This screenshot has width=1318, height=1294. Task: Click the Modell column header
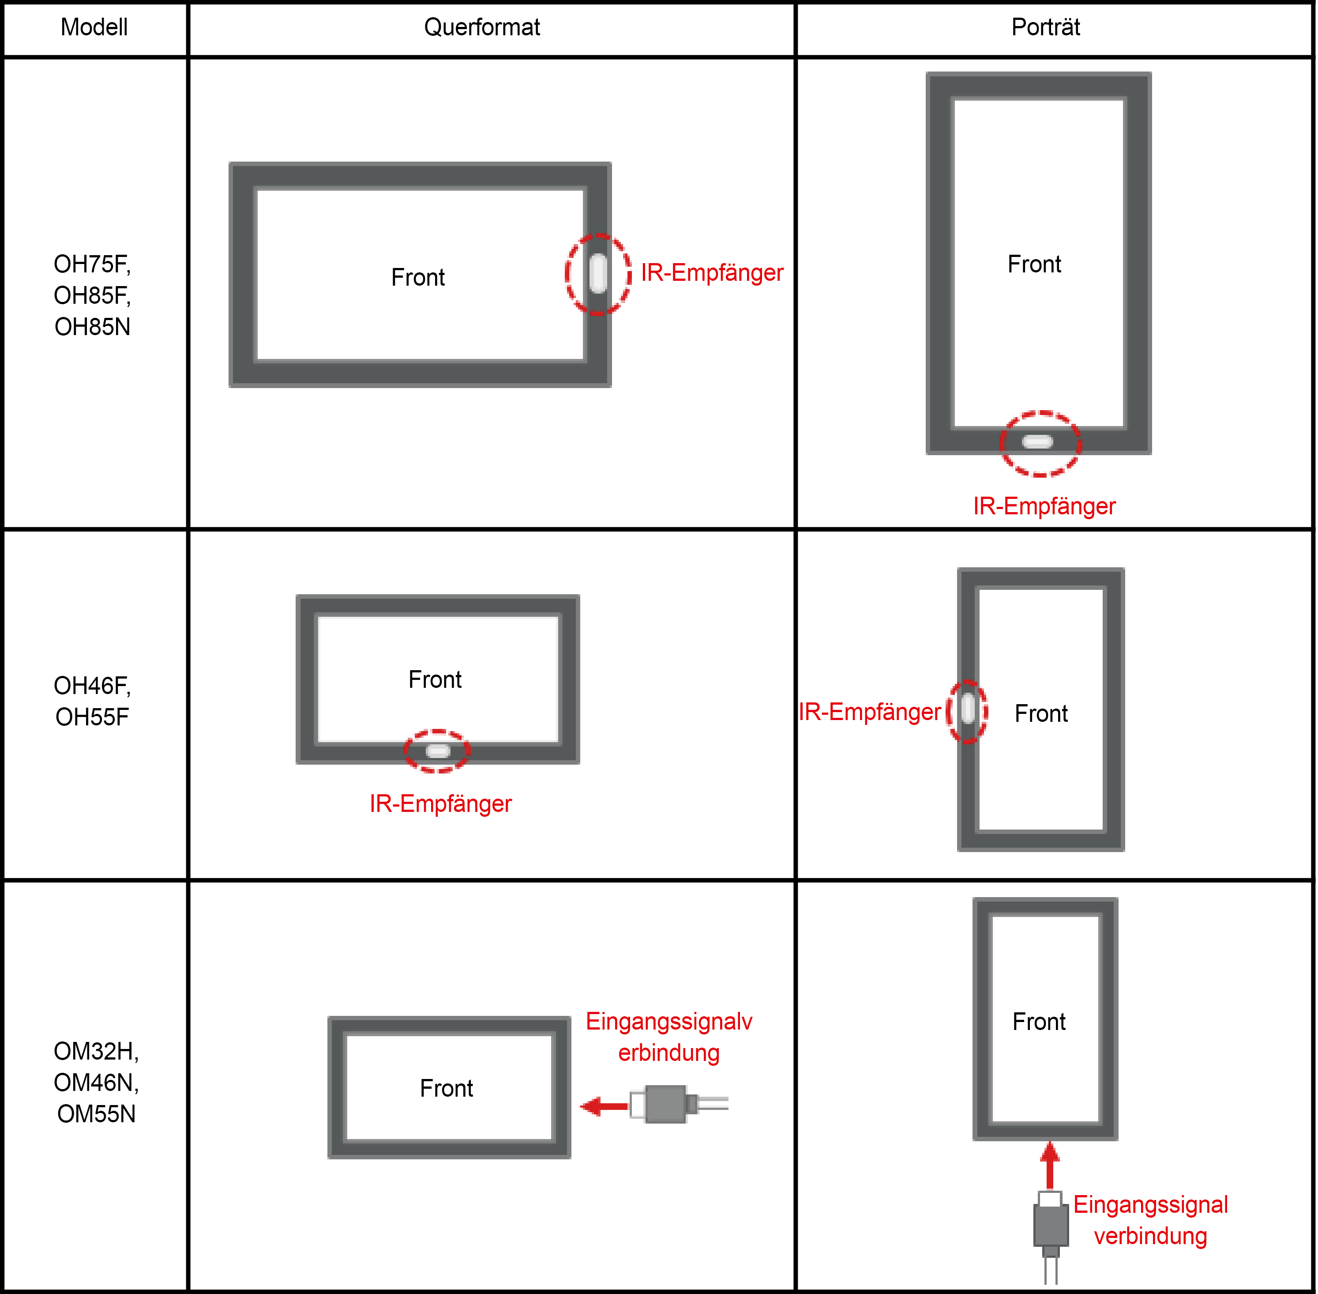coord(94,27)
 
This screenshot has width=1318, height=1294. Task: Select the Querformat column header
coord(482,27)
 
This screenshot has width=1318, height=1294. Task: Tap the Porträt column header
coord(1046,27)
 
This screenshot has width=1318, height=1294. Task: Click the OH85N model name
coord(92,327)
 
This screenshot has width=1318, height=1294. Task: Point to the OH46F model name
coord(92,686)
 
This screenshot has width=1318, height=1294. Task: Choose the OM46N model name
coord(97,1082)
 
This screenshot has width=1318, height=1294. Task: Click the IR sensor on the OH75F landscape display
coord(598,274)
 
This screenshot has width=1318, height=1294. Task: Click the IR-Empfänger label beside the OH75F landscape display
coord(712,272)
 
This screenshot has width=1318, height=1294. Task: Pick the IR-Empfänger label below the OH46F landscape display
coord(440,804)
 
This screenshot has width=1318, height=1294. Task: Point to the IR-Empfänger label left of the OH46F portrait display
coord(870,712)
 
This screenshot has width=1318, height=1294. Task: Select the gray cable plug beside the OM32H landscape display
coord(679,1105)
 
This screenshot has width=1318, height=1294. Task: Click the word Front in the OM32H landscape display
coord(447,1088)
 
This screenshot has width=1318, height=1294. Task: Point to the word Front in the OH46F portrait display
coord(1041,713)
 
